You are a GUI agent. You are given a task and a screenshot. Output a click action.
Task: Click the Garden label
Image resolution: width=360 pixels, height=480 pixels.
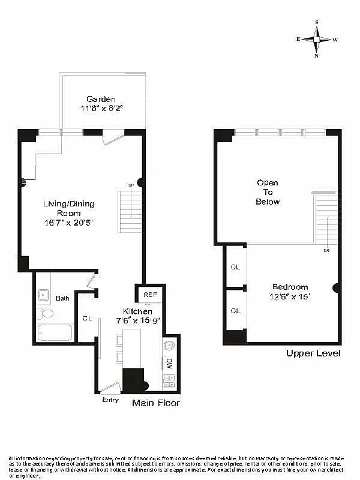point(101,99)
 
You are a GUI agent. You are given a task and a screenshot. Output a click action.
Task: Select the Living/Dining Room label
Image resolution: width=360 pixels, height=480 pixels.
point(68,208)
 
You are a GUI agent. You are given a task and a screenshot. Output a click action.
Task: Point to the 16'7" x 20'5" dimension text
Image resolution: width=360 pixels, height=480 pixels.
point(68,222)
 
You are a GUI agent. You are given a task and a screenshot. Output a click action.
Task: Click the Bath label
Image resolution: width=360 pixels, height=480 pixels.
point(62,298)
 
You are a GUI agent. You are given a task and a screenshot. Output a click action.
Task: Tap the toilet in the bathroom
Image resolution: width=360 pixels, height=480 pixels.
point(46,313)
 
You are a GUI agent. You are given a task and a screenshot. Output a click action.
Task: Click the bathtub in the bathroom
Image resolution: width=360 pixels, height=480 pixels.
point(55,332)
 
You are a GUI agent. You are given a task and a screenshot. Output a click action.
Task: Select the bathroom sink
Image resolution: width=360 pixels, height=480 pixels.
point(44,295)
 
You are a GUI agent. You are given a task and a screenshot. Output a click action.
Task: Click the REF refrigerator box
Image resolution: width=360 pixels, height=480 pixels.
point(150,295)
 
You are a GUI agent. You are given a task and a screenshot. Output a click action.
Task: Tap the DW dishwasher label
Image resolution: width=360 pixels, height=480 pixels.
point(169,363)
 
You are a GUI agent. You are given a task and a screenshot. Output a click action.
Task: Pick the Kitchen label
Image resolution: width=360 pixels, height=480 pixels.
point(137,311)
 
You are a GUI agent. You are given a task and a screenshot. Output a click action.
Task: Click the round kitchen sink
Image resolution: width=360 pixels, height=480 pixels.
point(169,345)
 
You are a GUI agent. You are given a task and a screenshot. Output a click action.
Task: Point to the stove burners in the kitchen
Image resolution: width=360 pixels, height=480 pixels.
point(169,380)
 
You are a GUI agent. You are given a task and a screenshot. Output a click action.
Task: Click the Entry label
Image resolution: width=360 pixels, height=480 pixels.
point(110,400)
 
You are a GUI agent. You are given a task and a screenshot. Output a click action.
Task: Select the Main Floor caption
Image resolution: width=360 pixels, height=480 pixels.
point(155,403)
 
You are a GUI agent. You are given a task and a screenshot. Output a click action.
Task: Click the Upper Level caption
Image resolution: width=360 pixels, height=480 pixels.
point(313,353)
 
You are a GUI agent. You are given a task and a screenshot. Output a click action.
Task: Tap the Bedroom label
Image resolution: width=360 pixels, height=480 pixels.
point(290,287)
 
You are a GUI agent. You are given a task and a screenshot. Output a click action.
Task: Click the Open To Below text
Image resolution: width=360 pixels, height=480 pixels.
point(268,192)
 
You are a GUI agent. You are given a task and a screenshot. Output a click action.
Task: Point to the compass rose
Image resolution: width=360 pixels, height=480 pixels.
point(316,39)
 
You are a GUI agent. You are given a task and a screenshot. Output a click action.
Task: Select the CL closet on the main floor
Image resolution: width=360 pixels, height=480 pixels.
point(87,319)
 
